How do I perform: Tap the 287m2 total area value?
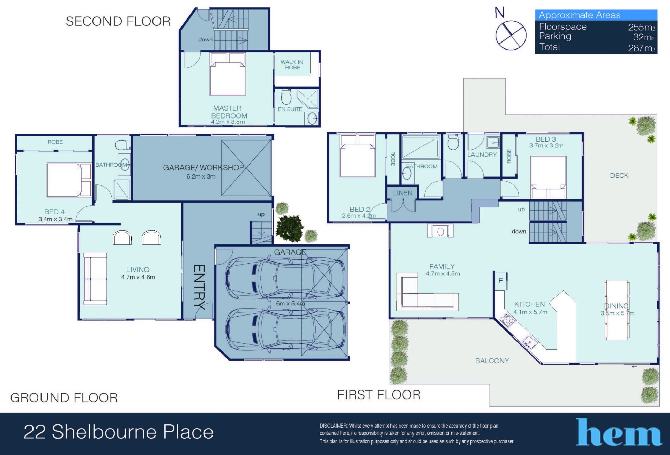click(x=641, y=48)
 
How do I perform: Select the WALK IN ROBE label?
click(x=292, y=65)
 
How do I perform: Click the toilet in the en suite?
click(x=286, y=97)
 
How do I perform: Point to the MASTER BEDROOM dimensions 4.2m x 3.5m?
click(x=228, y=122)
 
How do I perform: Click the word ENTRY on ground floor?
click(x=199, y=287)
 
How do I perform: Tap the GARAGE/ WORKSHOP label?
click(x=203, y=168)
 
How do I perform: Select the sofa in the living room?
click(x=95, y=279)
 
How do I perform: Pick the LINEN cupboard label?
click(x=403, y=193)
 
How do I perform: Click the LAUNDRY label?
click(x=482, y=154)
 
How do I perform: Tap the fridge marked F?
click(x=500, y=280)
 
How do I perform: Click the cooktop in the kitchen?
click(x=507, y=320)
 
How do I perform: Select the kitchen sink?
click(x=530, y=342)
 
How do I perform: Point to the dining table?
click(x=617, y=309)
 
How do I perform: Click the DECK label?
click(x=619, y=176)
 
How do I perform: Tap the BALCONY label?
click(x=492, y=361)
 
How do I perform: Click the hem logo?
click(x=619, y=432)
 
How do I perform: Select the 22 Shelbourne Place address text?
click(x=119, y=432)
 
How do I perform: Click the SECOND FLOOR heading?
click(x=118, y=22)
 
